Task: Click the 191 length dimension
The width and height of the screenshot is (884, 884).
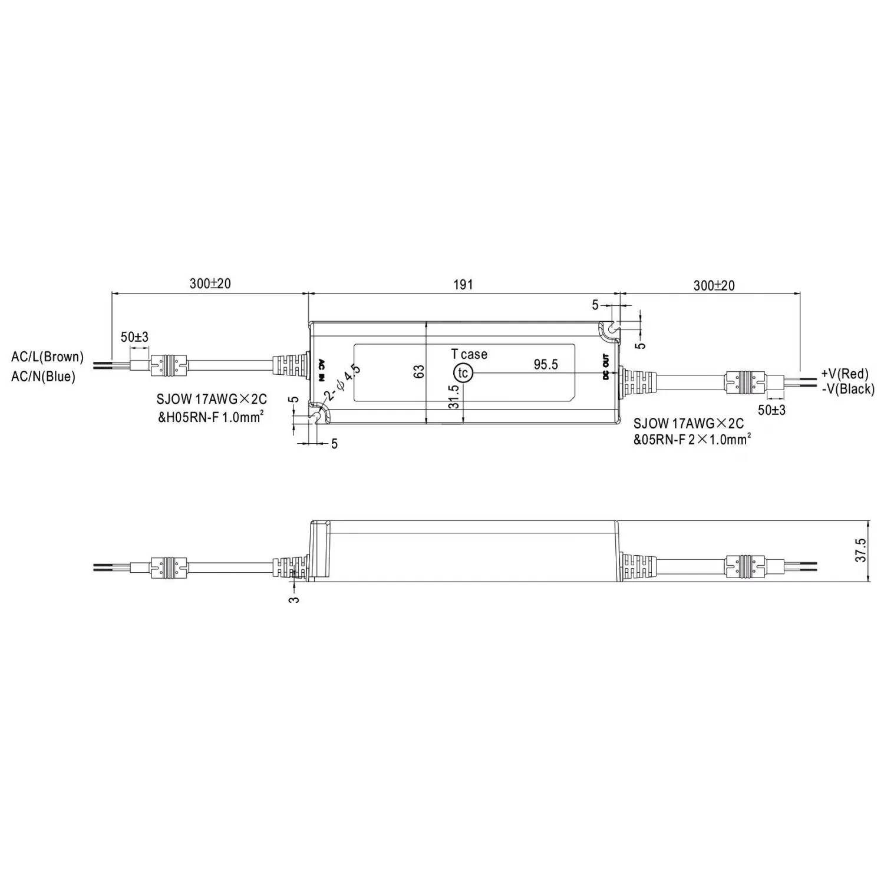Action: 463,284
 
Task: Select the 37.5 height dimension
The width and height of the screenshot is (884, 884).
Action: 861,550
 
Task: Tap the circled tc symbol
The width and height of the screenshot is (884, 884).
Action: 463,373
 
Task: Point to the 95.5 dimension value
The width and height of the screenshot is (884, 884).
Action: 546,364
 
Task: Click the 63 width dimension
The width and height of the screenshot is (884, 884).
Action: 418,372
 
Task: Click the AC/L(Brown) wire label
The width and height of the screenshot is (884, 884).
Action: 47,357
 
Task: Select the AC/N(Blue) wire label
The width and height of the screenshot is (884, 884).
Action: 43,376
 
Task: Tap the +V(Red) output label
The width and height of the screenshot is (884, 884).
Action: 845,374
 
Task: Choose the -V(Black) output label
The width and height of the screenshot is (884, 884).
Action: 847,389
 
